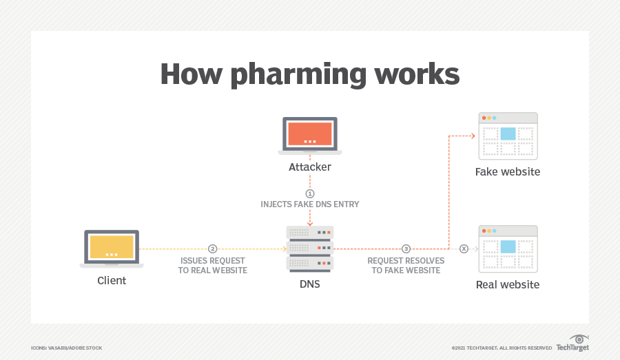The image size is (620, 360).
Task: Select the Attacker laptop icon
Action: point(309,136)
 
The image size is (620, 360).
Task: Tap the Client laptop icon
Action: point(112,248)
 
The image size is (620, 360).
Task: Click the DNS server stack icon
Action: point(309,248)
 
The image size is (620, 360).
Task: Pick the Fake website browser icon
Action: point(508,136)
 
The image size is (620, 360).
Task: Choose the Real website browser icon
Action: point(508,248)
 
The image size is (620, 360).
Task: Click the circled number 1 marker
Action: point(310,193)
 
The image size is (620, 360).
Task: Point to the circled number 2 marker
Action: point(213,248)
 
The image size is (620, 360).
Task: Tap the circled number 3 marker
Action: point(406,248)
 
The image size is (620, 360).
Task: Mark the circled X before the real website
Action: point(464,248)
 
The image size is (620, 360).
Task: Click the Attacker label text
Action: point(309,167)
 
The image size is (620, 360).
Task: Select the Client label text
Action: point(112,281)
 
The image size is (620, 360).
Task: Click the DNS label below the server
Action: point(309,284)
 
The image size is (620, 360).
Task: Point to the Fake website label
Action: point(508,171)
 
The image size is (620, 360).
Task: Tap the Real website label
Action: point(508,284)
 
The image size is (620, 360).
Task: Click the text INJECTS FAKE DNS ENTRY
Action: point(309,204)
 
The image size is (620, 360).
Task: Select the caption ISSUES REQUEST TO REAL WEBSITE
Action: point(214,266)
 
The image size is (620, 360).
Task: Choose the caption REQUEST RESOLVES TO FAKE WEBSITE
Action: point(406,266)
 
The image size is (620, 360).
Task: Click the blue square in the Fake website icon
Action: point(508,134)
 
